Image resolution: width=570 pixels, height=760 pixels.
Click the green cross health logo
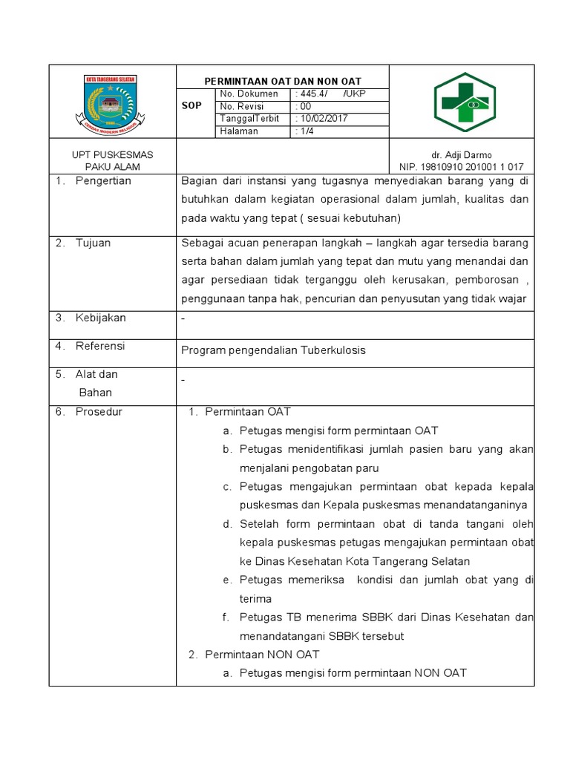[x=463, y=102]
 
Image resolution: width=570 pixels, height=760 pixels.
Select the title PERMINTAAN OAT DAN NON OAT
[x=283, y=81]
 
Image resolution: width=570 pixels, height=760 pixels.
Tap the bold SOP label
[x=191, y=106]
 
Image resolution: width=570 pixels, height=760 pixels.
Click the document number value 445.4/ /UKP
[x=332, y=94]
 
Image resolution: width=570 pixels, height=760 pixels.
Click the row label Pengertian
[x=103, y=181]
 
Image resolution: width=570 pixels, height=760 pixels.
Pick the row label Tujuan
[x=93, y=243]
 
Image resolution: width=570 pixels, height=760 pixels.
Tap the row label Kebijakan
[x=101, y=318]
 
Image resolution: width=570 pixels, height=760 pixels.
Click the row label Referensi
[x=100, y=346]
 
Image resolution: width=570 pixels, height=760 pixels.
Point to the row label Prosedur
[x=99, y=412]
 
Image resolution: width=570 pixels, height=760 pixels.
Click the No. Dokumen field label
[x=249, y=94]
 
